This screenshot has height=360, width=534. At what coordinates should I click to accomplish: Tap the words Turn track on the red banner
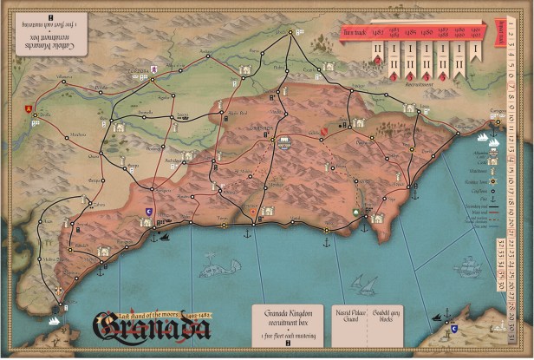tap(351, 34)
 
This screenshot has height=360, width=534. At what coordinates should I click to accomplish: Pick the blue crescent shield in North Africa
tap(453, 330)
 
